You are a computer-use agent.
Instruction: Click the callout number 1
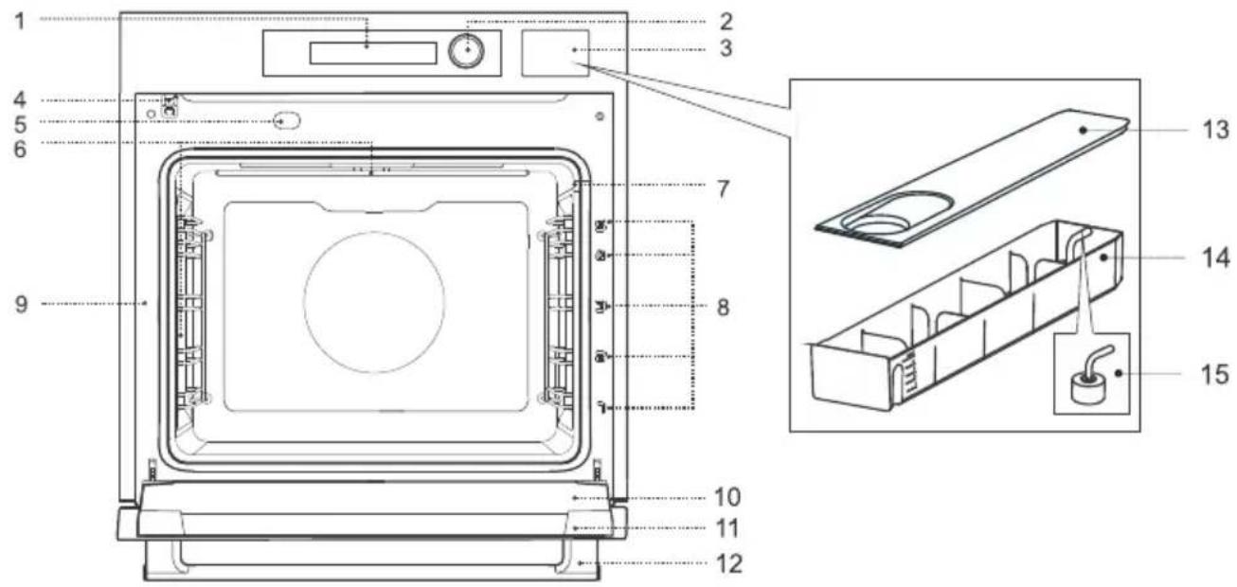pos(20,22)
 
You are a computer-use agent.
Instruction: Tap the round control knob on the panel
pos(467,51)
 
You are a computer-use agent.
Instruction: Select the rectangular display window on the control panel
pos(373,53)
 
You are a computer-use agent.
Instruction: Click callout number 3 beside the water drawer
pos(726,48)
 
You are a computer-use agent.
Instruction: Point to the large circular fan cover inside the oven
pos(374,302)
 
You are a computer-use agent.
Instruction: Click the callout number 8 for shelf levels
pos(723,307)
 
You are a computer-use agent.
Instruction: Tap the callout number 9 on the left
pos(21,304)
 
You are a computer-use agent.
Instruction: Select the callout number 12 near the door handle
pos(729,564)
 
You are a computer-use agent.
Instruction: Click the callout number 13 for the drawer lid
pos(1216,130)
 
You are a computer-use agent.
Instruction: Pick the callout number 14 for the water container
pos(1216,258)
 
